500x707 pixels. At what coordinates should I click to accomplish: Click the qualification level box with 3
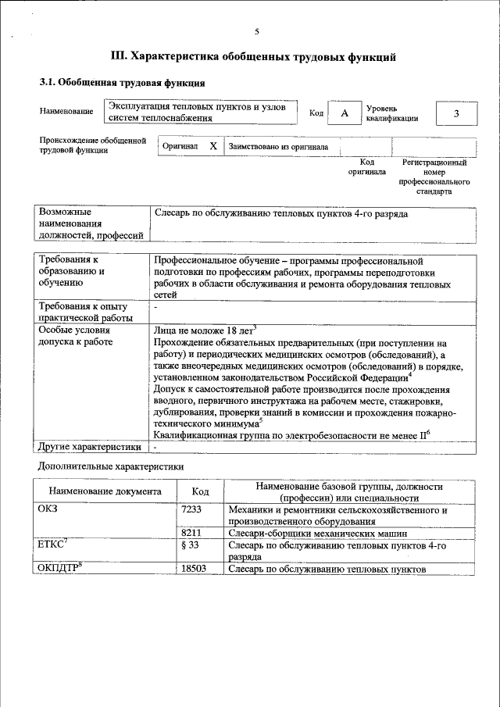click(x=455, y=114)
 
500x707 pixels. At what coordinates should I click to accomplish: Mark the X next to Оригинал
click(x=213, y=146)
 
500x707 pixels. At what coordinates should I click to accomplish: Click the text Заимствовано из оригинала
click(x=278, y=146)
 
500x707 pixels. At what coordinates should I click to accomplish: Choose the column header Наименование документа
click(x=105, y=491)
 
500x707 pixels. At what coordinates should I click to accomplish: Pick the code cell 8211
click(x=191, y=533)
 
